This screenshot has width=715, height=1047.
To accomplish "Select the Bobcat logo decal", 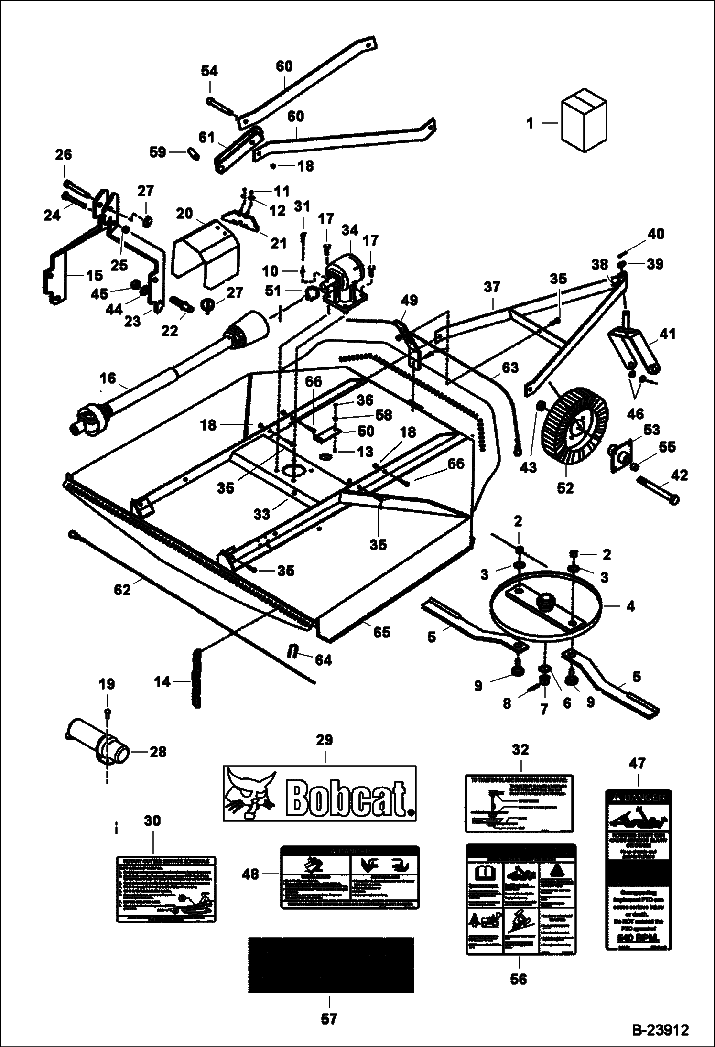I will point(320,793).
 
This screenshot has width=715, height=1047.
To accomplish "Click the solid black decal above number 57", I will point(331,964).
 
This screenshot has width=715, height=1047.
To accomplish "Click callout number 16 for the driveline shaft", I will point(108,378).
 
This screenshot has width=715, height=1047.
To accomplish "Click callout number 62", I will point(122,590).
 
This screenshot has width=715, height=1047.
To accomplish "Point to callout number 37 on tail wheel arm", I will point(492,287).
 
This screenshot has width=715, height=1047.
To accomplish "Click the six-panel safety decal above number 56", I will point(521,899).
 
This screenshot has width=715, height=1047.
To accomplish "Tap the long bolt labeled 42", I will point(659,493).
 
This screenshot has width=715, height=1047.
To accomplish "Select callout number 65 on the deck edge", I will point(382,632).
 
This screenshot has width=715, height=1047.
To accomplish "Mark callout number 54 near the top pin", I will point(209,71).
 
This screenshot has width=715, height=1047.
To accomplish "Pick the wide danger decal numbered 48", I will point(349,877).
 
